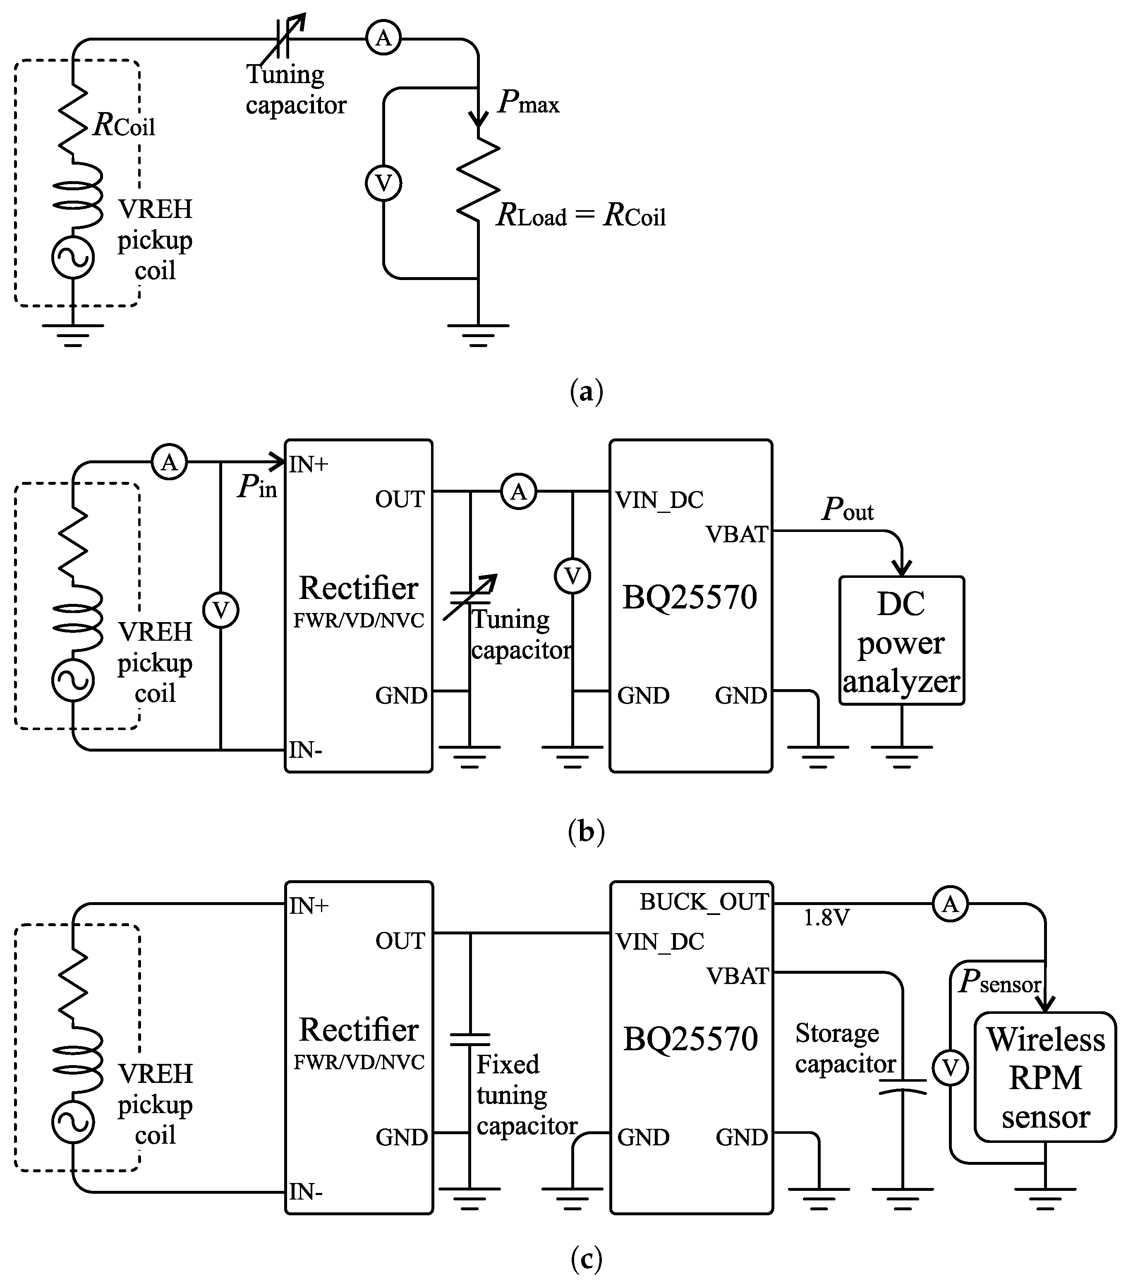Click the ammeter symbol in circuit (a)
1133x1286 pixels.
tap(383, 38)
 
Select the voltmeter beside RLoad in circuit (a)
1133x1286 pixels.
tap(383, 183)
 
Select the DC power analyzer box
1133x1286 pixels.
tap(901, 640)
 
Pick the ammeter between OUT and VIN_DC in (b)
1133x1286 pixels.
tap(518, 491)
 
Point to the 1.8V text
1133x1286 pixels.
tap(826, 918)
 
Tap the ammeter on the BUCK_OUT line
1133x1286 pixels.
tap(950, 904)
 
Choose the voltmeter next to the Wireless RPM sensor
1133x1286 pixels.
tap(950, 1068)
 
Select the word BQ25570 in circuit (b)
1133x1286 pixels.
tap(690, 597)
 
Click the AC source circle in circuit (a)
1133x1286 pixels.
tap(73, 257)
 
